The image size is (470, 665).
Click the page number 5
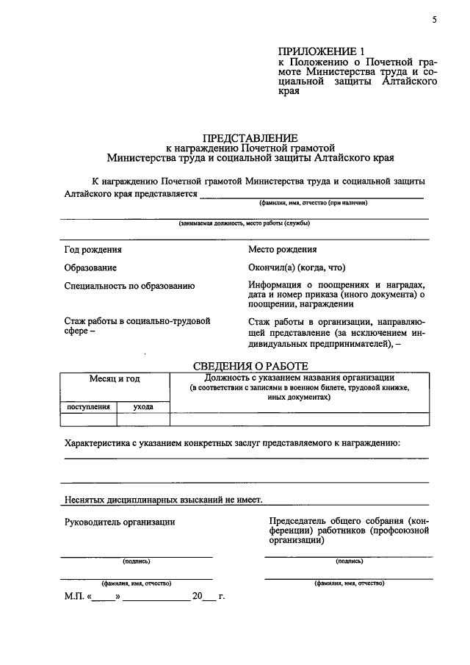coord(434,20)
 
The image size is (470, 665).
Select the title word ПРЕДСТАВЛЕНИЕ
coord(250,137)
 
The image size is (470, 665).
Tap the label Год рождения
coord(91,250)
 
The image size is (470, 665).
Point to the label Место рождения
coord(283,250)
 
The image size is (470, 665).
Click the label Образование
coord(90,268)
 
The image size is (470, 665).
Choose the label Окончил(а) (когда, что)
coord(297,268)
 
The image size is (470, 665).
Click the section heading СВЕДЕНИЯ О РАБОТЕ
coord(250,366)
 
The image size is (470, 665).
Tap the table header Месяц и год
coord(115,379)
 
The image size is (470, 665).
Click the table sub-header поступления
coord(89,406)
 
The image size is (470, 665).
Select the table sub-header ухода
coord(143,406)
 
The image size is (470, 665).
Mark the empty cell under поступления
coord(89,420)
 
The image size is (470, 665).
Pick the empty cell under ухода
coord(143,420)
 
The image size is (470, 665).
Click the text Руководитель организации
coord(120,522)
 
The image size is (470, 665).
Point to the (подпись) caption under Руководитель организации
coord(137,561)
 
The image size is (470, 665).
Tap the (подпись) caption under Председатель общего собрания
coord(349,561)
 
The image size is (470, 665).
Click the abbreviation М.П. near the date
coord(74,597)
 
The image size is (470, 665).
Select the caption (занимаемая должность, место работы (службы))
coord(244,223)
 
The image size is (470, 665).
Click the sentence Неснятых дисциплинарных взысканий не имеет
coord(163,499)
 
